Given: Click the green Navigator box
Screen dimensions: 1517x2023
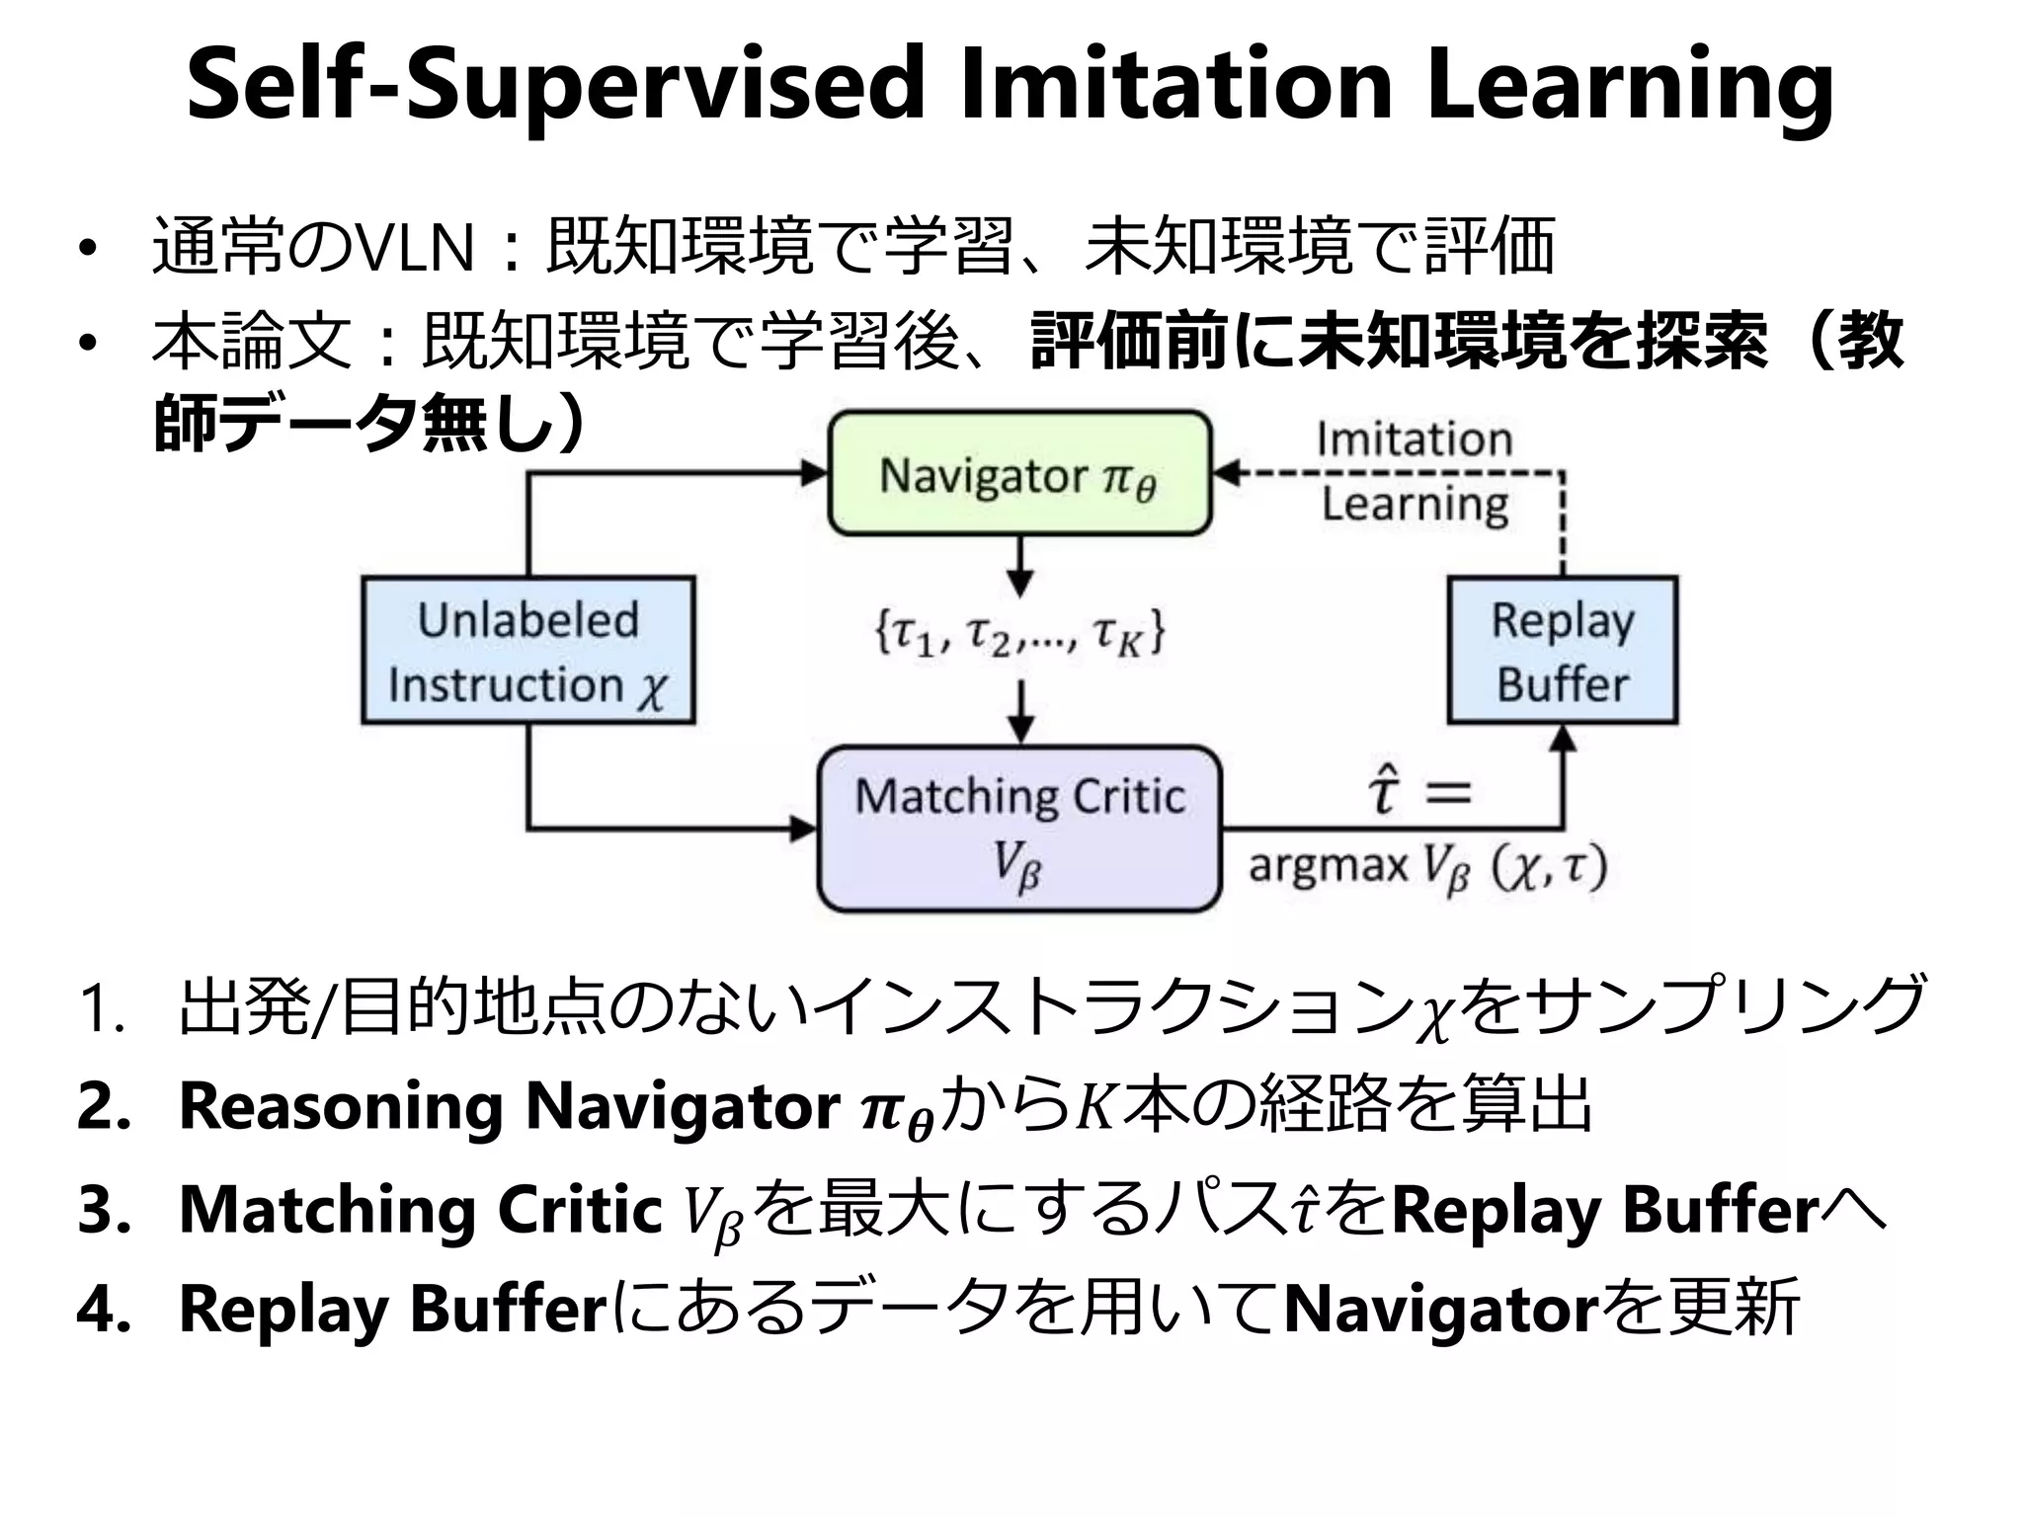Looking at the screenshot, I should (1018, 474).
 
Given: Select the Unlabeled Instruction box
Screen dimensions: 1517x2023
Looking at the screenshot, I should (527, 651).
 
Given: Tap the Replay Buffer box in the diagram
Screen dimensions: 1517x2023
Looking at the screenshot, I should (1562, 651).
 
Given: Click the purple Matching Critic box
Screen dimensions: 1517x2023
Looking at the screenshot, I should (1018, 828).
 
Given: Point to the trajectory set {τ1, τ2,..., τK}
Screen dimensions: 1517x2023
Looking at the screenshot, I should (1018, 633).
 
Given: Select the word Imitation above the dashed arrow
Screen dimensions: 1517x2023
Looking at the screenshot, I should (1414, 439).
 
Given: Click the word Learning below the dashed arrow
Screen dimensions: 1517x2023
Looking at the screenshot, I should (1415, 505).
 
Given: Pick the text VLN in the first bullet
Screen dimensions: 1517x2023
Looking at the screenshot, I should (415, 247).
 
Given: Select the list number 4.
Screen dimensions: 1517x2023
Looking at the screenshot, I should (104, 1310).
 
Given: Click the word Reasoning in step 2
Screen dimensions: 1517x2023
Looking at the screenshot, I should (341, 1106).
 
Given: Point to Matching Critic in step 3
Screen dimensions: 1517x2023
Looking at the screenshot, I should (420, 1209).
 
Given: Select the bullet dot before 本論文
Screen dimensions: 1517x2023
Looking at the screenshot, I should (89, 344).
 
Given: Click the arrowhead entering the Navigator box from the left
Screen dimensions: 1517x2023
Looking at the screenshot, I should (815, 473).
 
